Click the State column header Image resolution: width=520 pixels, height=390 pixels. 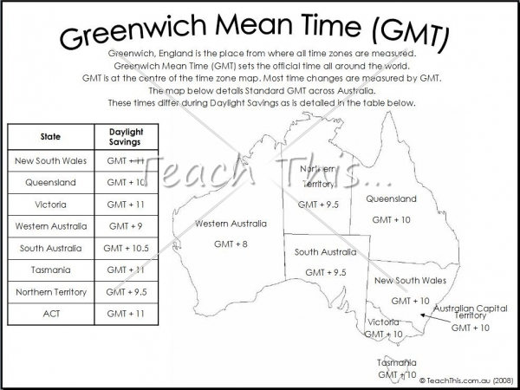point(50,137)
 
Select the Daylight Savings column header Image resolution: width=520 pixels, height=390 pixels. point(126,137)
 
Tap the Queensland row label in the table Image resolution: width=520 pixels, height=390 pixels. point(50,183)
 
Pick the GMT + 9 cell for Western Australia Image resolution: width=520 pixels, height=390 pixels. point(126,226)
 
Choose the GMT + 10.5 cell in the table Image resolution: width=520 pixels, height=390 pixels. point(126,248)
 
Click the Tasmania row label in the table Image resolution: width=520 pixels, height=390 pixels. point(50,270)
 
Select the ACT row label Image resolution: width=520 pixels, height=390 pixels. point(50,313)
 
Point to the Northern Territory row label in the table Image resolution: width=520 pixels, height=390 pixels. point(50,292)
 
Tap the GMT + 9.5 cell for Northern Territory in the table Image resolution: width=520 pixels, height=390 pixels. point(126,292)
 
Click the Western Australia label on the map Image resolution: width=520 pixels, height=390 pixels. point(230,224)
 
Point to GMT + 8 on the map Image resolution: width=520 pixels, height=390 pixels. point(230,244)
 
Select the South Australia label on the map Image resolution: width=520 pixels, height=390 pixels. point(325,252)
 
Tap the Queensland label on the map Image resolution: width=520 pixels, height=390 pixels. point(391,199)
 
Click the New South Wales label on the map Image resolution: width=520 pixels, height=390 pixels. point(410,281)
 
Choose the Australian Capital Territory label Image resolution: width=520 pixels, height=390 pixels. point(470,312)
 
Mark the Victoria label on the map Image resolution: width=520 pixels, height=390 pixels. point(383,322)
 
